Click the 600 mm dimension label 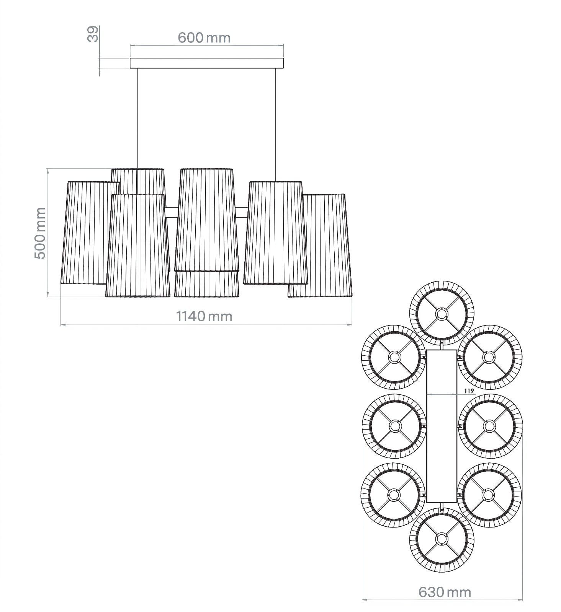click(204, 38)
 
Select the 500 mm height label click(40, 233)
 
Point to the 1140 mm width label click(204, 316)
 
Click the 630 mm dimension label click(444, 592)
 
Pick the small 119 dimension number click(469, 391)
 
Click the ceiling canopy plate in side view click(207, 63)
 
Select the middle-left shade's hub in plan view click(394, 426)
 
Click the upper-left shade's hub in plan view click(394, 357)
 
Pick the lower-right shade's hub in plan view click(488, 495)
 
